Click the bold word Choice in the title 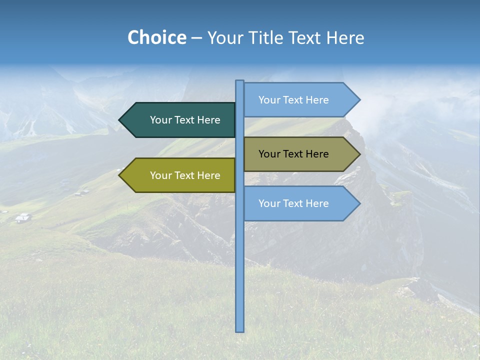156,37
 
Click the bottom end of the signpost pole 240,330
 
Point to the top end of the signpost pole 240,82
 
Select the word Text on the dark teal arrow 185,120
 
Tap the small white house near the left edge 22,217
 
